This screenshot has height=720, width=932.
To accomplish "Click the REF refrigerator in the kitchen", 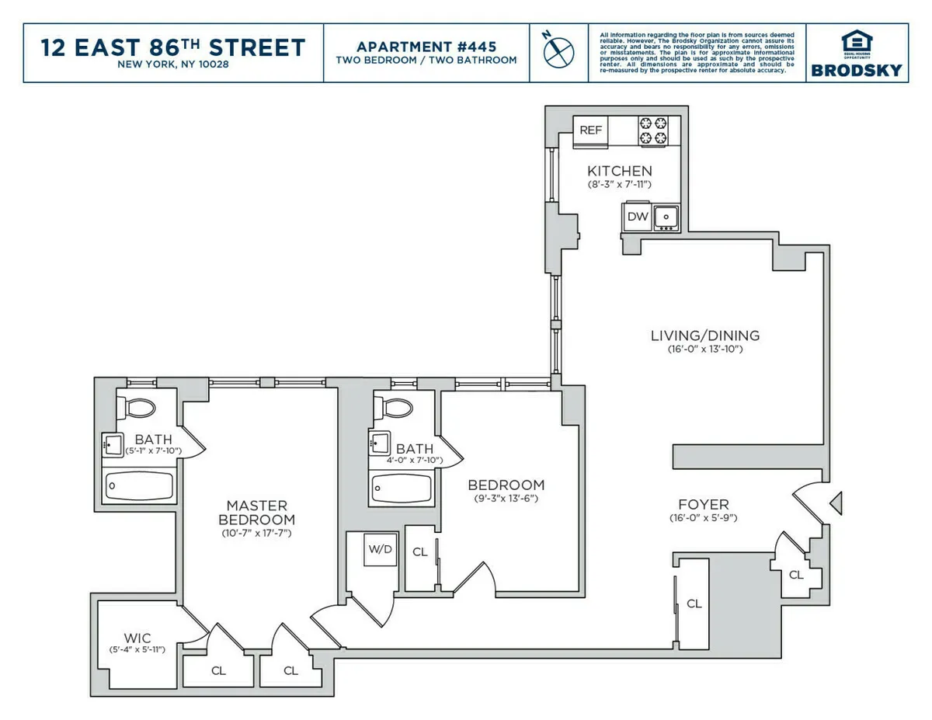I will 590,130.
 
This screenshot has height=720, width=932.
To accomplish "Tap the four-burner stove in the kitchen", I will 652,130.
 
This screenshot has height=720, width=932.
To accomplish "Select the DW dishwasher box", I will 638,217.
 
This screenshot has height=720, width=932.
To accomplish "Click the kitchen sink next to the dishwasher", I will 666,217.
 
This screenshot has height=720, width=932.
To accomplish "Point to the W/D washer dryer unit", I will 381,549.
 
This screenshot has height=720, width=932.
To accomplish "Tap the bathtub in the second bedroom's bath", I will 401,488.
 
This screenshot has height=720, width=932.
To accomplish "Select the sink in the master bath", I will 113,446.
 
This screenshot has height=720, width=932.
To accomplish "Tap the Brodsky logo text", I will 857,70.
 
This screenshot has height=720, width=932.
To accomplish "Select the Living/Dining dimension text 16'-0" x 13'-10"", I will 706,350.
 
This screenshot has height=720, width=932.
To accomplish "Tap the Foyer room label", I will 704,505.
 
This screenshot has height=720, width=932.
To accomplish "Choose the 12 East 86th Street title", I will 173,47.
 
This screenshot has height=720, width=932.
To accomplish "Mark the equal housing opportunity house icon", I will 857,41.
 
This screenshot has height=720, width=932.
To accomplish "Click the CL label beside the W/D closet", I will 420,552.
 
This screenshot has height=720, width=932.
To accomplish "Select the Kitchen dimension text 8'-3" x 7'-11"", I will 619,185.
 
